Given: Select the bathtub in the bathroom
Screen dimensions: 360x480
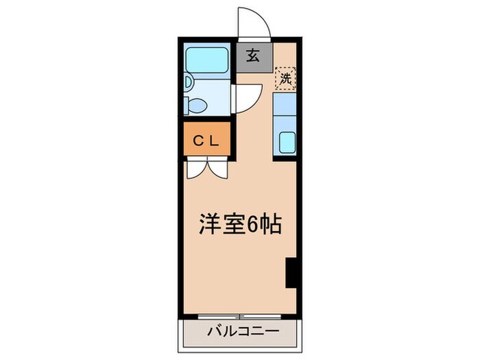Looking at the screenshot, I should [x=208, y=60].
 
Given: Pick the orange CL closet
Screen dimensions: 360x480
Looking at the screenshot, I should [x=206, y=141].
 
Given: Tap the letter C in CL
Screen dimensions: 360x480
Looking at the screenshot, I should [x=197, y=141].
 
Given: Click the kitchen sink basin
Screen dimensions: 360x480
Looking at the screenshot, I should [x=286, y=144].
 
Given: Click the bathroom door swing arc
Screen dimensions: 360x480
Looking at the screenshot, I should [x=249, y=98].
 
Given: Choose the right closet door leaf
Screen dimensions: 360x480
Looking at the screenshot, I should [x=219, y=169].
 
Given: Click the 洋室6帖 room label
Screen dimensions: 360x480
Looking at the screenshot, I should [x=240, y=225].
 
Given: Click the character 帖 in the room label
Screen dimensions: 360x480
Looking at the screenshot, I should [x=272, y=225].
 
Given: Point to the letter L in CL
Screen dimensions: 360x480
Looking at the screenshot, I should [x=214, y=141].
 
